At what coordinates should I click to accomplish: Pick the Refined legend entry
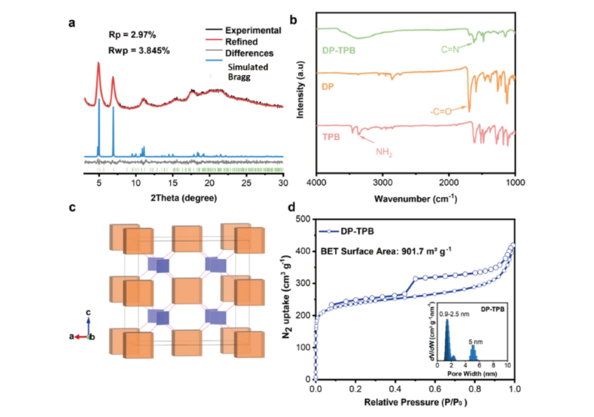click(241, 42)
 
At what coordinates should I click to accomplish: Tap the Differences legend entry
click(249, 53)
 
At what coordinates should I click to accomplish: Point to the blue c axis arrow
click(89, 322)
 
